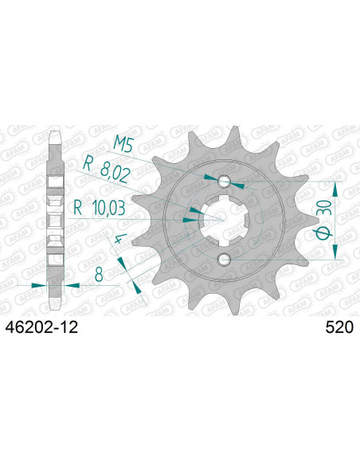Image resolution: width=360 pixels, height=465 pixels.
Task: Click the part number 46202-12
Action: (x=41, y=327)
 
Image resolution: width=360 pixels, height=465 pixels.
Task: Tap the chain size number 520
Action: (x=339, y=327)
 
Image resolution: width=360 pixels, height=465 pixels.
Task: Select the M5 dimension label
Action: (x=123, y=145)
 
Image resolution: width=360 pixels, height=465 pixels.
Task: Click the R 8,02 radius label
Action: (x=107, y=170)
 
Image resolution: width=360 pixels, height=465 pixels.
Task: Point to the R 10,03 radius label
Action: (x=99, y=208)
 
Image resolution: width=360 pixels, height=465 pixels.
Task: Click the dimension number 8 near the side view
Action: (x=99, y=274)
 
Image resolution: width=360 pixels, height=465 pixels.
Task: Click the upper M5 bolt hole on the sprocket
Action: (x=224, y=182)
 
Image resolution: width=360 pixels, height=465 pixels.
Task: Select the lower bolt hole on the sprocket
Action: (x=223, y=260)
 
